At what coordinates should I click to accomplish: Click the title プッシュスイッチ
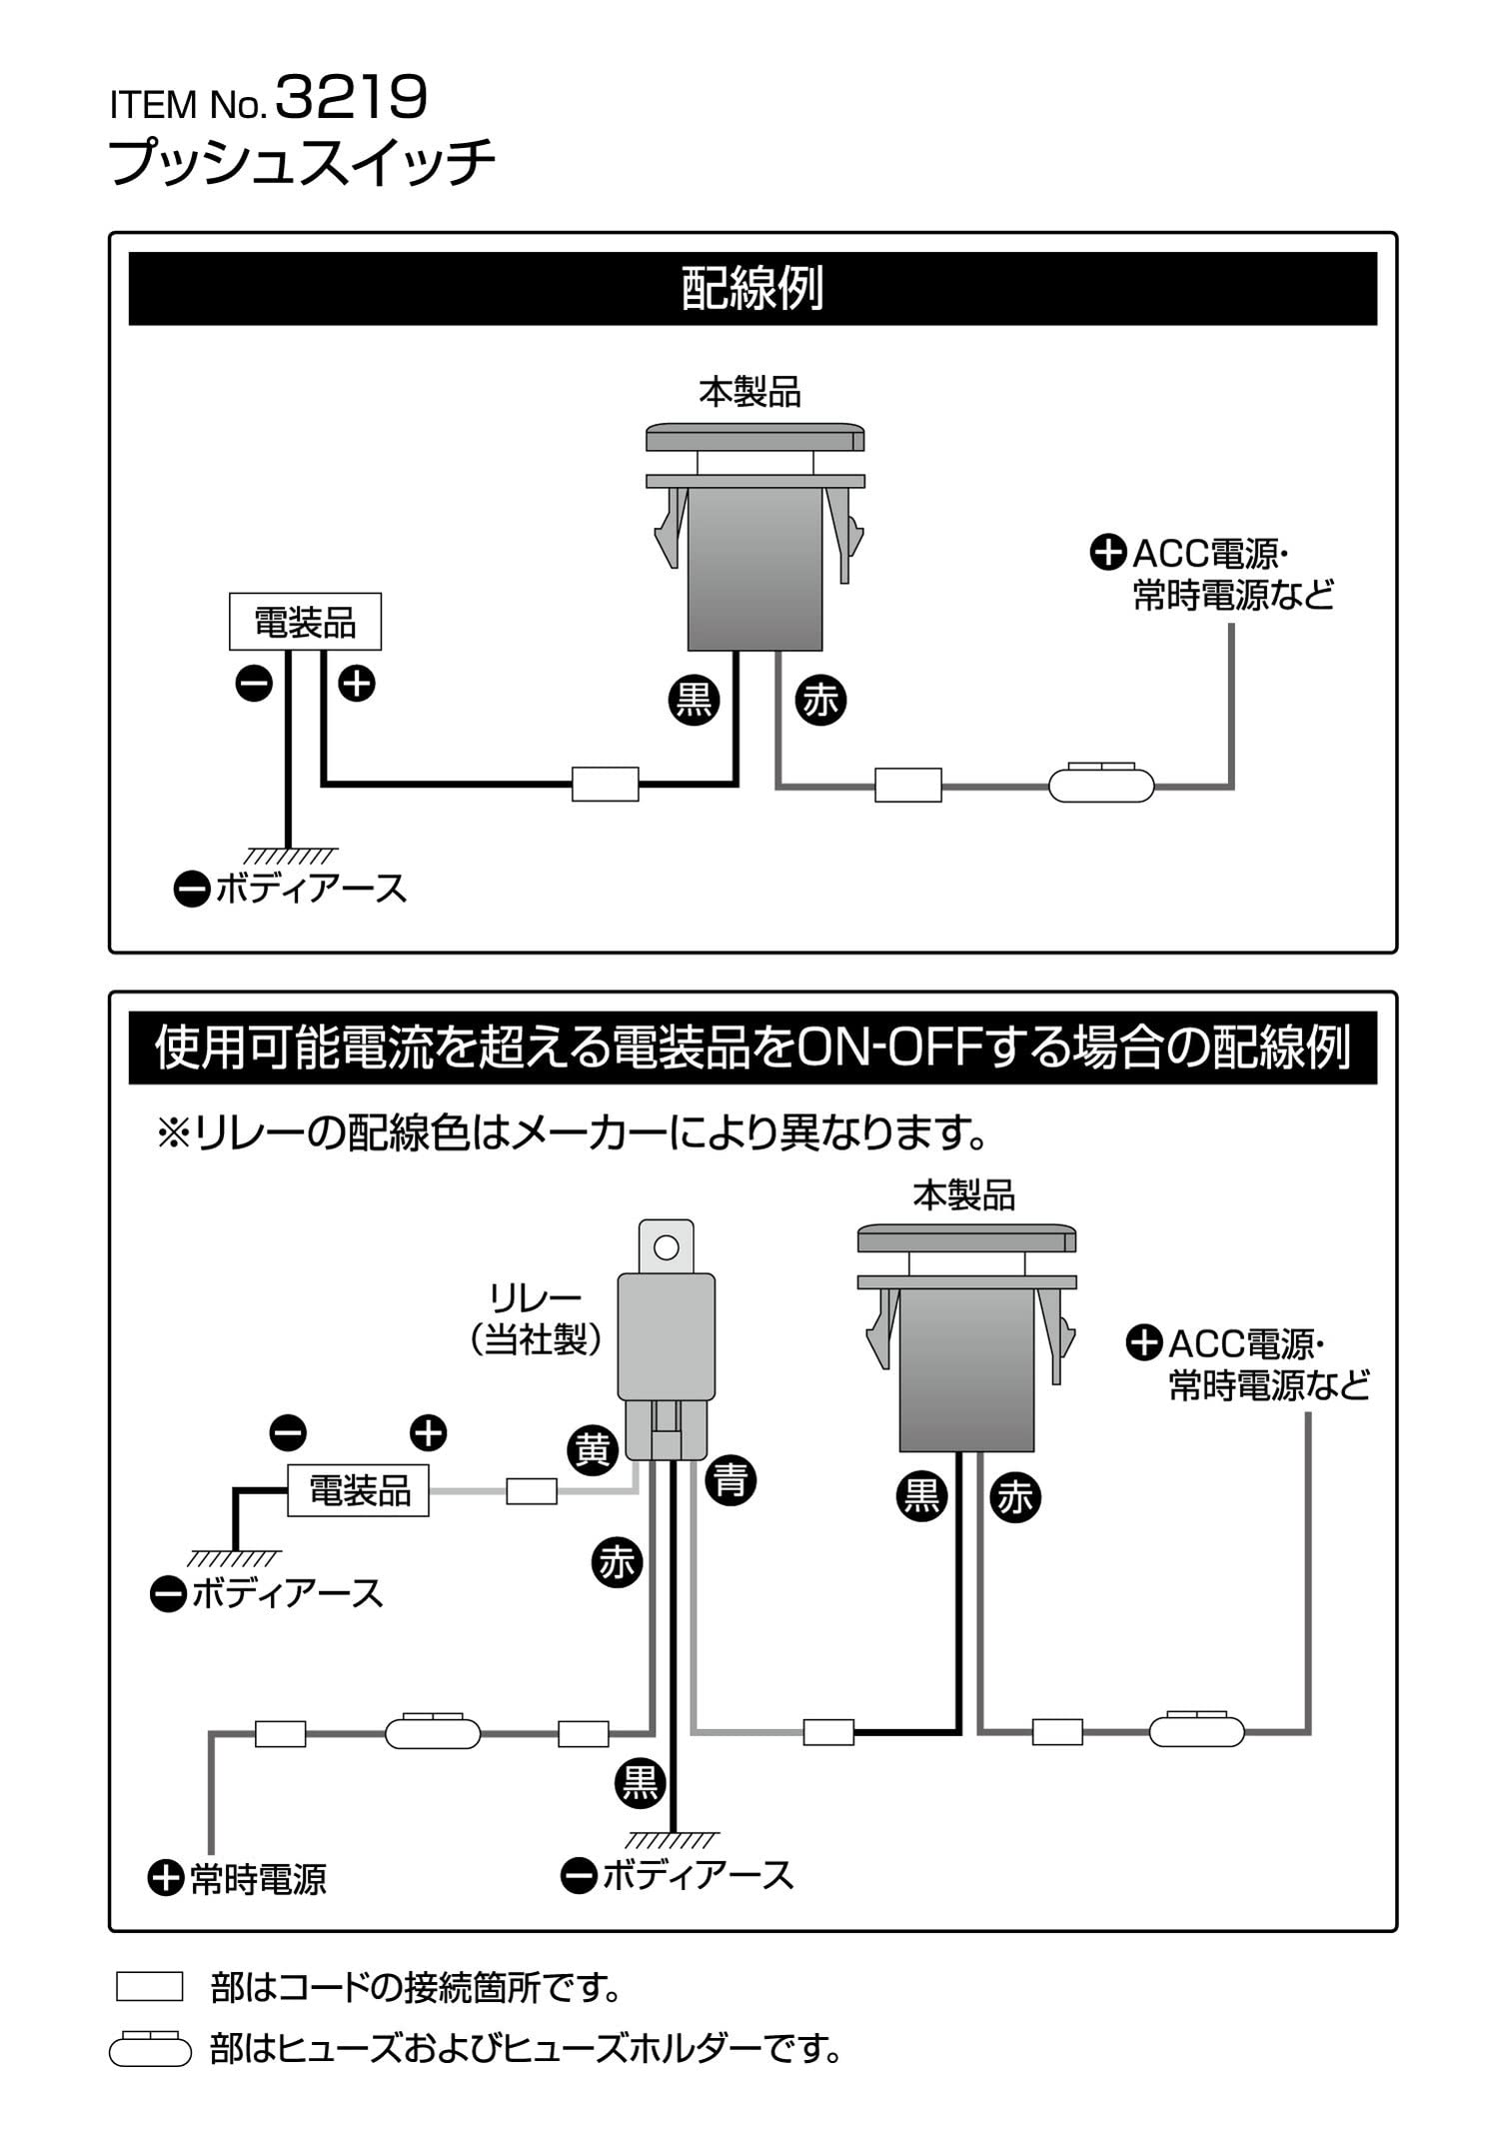click(x=302, y=162)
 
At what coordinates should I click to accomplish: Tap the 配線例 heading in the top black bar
click(x=751, y=288)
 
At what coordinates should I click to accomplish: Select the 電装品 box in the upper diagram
click(x=305, y=622)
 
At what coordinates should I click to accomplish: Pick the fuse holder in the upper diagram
click(x=1101, y=783)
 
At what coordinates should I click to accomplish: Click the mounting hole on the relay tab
click(x=666, y=1247)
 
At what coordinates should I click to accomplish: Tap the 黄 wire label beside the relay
click(x=593, y=1449)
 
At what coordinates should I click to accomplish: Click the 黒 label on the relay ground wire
click(x=640, y=1783)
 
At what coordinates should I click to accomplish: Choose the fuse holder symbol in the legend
click(x=150, y=2049)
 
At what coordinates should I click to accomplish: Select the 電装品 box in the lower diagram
click(x=359, y=1490)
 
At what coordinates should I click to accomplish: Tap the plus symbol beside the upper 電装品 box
click(x=357, y=684)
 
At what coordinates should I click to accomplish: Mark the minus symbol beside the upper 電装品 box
click(x=254, y=684)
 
